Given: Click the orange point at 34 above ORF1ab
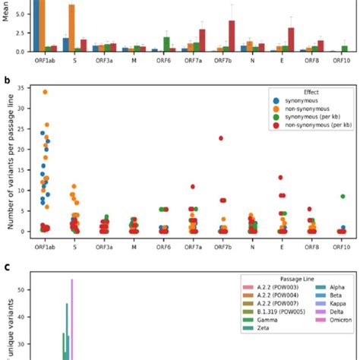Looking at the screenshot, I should (45, 92).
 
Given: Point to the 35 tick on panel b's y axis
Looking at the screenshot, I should (27, 88).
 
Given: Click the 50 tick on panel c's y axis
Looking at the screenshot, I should (27, 289).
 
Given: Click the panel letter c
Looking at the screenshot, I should (7, 267).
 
